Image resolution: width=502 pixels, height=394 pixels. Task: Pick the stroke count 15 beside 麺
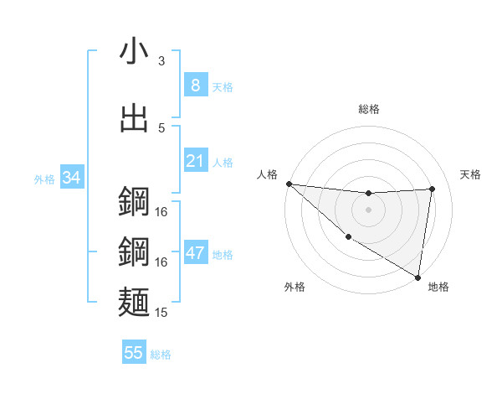pyautogui.click(x=161, y=313)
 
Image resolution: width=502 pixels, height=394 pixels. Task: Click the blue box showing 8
pyautogui.click(x=196, y=85)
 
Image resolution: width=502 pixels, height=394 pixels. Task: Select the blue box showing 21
pyautogui.click(x=196, y=160)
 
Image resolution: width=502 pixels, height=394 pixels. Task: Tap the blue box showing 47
pyautogui.click(x=196, y=253)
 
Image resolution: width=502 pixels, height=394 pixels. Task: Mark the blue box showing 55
pyautogui.click(x=134, y=353)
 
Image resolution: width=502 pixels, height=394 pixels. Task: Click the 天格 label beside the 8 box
pyautogui.click(x=223, y=86)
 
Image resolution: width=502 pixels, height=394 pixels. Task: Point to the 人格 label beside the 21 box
pyautogui.click(x=223, y=162)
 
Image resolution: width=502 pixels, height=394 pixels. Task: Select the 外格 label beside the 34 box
pyautogui.click(x=44, y=179)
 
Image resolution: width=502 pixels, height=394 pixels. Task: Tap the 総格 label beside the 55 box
pyautogui.click(x=161, y=355)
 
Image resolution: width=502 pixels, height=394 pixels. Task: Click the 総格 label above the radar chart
pyautogui.click(x=369, y=109)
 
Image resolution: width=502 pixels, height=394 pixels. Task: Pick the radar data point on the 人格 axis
pyautogui.click(x=289, y=184)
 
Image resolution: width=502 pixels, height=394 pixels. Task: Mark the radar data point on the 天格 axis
pyautogui.click(x=433, y=189)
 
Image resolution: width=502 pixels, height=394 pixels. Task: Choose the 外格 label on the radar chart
pyautogui.click(x=295, y=287)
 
